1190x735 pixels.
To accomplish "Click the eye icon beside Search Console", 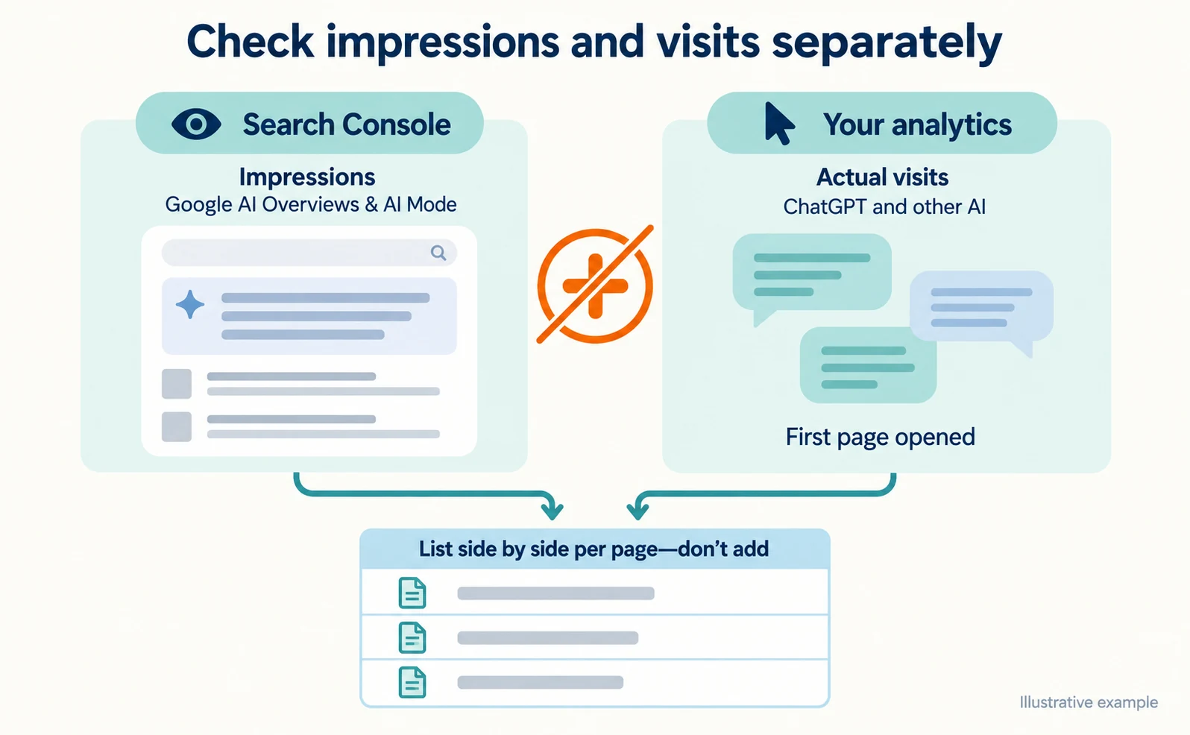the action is pos(196,124).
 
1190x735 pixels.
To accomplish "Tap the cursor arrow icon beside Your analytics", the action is pos(778,124).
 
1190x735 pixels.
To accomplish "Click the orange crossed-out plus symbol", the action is pos(595,286).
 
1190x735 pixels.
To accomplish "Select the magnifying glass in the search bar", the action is pos(438,253).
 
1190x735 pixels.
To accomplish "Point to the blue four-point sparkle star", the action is pos(189,305).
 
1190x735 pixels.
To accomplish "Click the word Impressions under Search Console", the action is pos(307,177).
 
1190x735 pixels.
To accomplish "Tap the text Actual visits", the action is pos(882,177).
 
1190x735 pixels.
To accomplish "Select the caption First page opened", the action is pos(881,437).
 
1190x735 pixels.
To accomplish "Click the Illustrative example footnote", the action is pos(1089,702).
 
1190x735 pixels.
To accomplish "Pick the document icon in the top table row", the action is pos(412,593).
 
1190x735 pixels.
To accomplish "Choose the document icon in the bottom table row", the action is pos(412,682).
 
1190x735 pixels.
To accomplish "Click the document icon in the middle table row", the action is pos(412,637).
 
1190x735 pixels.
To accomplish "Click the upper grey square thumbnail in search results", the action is pos(177,383).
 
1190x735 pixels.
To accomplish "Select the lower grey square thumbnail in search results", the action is pos(177,426).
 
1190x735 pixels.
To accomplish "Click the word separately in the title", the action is pos(887,43).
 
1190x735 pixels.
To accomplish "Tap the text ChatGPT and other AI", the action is pos(884,206).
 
